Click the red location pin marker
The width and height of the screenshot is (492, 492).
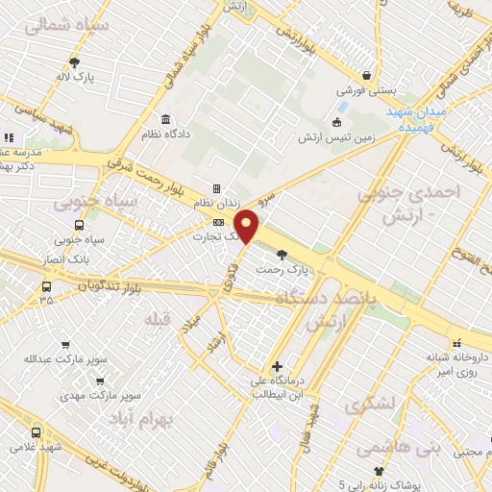pos(248,226)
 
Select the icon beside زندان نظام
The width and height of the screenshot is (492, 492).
pos(216,188)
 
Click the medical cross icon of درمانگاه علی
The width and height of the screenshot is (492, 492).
pos(277,366)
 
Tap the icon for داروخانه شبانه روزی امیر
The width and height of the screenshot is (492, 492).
pos(458,342)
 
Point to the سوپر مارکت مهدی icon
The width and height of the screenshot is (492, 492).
pos(98,380)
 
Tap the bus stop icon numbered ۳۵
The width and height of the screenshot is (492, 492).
pos(47,285)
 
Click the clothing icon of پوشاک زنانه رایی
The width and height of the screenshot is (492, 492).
pos(380,471)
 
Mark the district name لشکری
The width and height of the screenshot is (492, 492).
pos(378,404)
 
